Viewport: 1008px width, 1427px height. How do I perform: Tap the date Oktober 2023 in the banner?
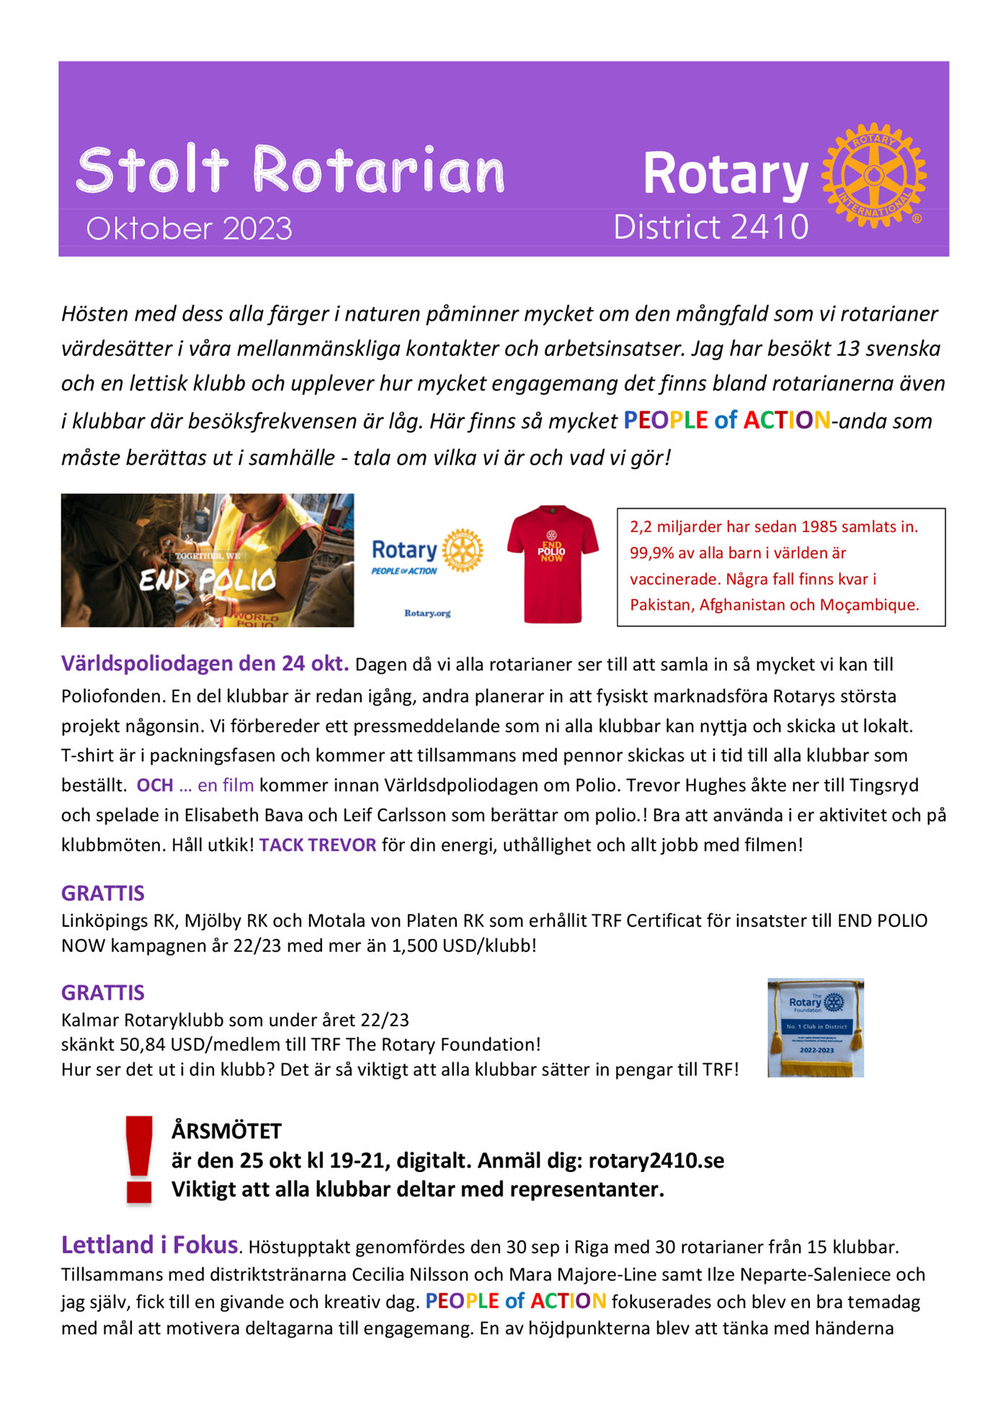189,229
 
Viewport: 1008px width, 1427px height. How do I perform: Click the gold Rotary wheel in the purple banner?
873,175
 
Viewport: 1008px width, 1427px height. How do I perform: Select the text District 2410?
710,227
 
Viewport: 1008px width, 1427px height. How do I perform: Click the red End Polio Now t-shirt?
552,563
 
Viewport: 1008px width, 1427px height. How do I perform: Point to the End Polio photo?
208,560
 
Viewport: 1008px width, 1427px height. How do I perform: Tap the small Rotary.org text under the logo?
427,613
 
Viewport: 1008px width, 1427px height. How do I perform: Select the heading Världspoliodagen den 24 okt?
205,663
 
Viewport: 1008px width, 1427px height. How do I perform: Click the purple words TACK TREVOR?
318,845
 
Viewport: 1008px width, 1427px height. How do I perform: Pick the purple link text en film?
226,785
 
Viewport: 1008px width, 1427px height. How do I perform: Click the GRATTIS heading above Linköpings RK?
103,893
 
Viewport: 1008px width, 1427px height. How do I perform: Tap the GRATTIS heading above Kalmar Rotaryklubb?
103,992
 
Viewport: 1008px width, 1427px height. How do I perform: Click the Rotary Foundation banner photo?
816,1028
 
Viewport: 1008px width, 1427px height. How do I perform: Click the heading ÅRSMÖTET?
226,1131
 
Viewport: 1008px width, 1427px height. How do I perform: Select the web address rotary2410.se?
656,1160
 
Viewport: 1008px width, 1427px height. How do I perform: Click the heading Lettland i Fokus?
149,1245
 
